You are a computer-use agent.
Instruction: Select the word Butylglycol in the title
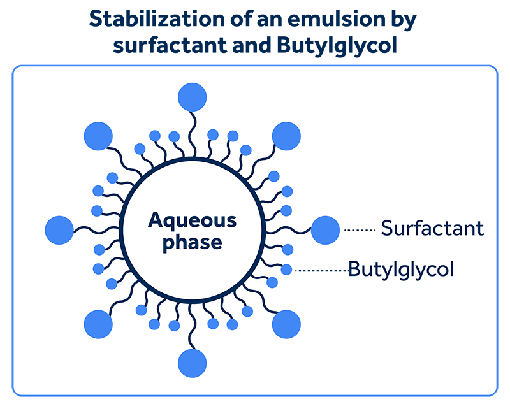pyautogui.click(x=337, y=45)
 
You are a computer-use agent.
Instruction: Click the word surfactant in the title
pyautogui.click(x=170, y=45)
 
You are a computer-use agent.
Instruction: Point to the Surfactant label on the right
pyautogui.click(x=432, y=228)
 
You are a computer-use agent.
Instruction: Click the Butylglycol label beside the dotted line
pyautogui.click(x=401, y=270)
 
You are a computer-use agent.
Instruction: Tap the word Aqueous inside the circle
pyautogui.click(x=193, y=222)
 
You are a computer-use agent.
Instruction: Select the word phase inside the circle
pyautogui.click(x=193, y=243)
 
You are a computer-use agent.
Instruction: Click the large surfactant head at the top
pyautogui.click(x=193, y=97)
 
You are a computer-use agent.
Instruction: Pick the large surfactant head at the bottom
pyautogui.click(x=193, y=363)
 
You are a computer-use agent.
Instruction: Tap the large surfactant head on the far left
pyautogui.click(x=59, y=230)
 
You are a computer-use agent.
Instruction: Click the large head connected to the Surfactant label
pyautogui.click(x=325, y=230)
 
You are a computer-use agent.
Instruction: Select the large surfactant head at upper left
pyautogui.click(x=98, y=136)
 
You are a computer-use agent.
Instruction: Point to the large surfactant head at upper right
pyautogui.click(x=286, y=136)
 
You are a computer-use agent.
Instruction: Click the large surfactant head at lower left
pyautogui.click(x=98, y=324)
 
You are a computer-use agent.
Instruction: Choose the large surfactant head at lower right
pyautogui.click(x=286, y=324)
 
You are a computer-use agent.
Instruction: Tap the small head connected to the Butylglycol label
pyautogui.click(x=286, y=270)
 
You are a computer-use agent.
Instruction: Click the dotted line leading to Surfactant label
pyautogui.click(x=360, y=230)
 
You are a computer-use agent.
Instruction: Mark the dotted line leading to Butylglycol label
pyautogui.click(x=321, y=270)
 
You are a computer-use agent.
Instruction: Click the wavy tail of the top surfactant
pyautogui.click(x=193, y=134)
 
